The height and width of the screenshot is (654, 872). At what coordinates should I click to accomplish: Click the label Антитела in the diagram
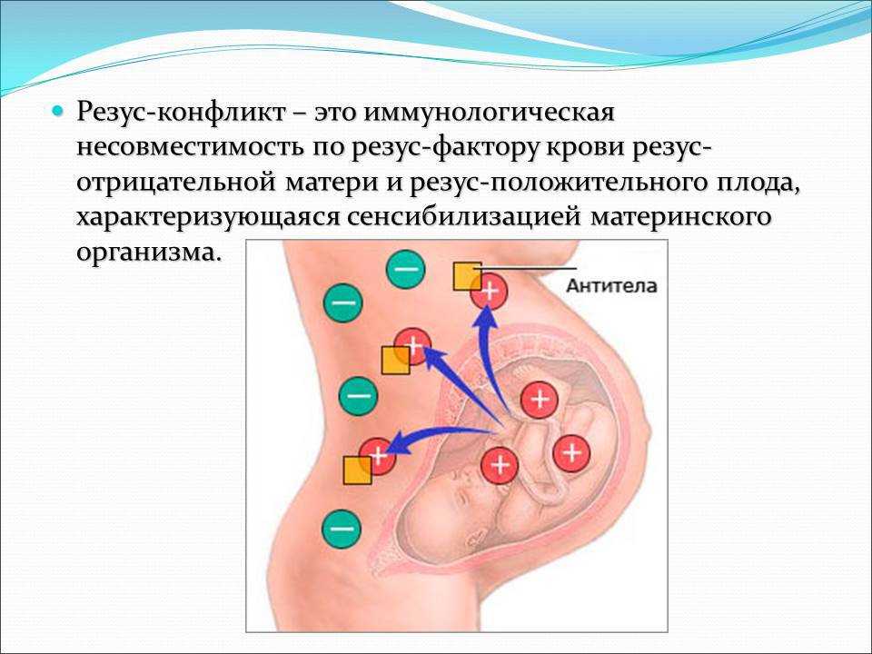pos(611,286)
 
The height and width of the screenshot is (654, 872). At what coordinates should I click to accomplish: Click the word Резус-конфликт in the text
pos(181,113)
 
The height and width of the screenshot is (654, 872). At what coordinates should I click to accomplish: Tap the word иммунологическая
pos(489,114)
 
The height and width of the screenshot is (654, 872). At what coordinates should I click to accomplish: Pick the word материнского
pos(680,217)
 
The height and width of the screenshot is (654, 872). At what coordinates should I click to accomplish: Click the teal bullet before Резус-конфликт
pos(56,111)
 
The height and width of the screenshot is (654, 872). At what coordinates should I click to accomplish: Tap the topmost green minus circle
pos(405,269)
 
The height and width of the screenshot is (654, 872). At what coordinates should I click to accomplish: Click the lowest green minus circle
pos(342,529)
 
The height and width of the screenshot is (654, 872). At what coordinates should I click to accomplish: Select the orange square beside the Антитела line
pos(468,276)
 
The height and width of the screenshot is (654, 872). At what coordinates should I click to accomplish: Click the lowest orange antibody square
pos(358,471)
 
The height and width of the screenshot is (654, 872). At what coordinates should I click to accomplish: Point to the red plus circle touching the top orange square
pos(490,291)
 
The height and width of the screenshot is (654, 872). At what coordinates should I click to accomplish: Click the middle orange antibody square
pos(395,361)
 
